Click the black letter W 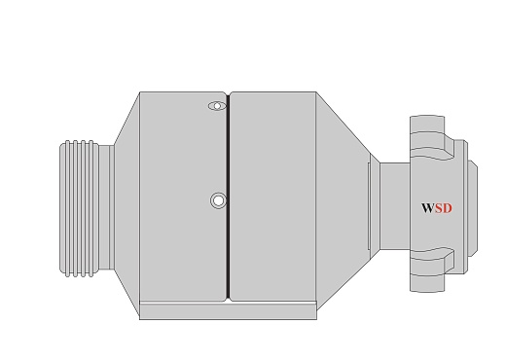(428, 208)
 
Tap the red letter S (439, 208)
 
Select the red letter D (448, 208)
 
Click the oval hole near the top (217, 106)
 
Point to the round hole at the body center (218, 200)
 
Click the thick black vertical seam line (228, 197)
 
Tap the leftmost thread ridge (67, 208)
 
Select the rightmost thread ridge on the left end (91, 208)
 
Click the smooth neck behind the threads (106, 207)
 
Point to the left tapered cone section (126, 206)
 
